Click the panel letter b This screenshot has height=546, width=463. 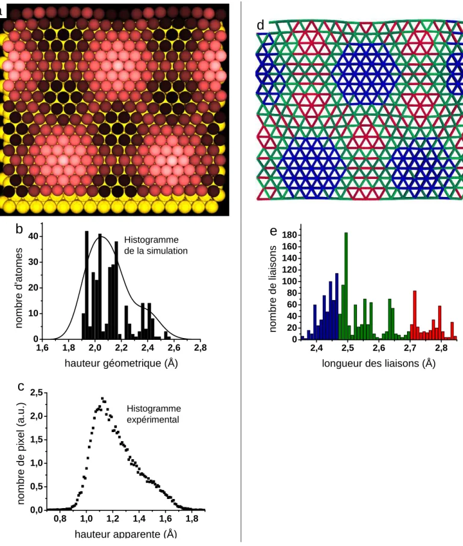coord(19,229)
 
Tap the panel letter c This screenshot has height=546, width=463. coord(21,386)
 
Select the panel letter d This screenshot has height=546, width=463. coord(261,25)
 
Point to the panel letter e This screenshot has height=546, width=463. coord(274,231)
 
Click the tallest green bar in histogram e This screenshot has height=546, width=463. coord(346,286)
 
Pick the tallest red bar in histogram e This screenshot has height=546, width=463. coord(415,315)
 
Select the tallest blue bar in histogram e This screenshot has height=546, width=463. coord(337,306)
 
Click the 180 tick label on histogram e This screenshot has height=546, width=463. coord(290,235)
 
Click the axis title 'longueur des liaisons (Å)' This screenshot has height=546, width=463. coord(379,363)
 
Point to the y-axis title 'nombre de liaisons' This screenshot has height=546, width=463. coord(273,289)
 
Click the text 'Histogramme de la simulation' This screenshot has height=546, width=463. coord(156,245)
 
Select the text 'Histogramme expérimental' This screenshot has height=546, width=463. coord(154,413)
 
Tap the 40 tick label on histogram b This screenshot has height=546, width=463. coord(33,236)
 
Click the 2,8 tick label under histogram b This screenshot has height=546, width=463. coord(200,348)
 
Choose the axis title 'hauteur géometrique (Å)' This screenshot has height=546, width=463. coord(122,363)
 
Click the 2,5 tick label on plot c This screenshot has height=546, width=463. coord(36,392)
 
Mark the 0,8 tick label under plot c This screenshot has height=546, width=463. coord(60,518)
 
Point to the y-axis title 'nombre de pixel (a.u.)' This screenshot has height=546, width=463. coord(21,454)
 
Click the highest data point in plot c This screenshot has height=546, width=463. coord(102,398)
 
